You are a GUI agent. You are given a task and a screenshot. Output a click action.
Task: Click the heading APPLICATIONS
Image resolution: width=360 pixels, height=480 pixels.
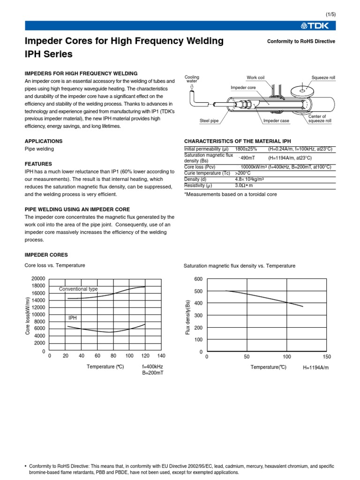[43, 141]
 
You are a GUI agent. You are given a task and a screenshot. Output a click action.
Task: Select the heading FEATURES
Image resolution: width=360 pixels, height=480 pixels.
[38, 164]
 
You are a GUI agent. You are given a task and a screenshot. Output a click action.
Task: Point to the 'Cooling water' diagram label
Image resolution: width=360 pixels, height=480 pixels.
[192, 79]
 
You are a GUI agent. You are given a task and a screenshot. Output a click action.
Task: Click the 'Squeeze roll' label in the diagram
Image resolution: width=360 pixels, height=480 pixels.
[323, 77]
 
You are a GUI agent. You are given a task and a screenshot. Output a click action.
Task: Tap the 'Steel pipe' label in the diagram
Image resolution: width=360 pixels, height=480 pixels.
[209, 121]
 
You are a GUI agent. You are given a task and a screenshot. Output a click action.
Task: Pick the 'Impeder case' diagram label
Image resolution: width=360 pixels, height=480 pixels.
[276, 121]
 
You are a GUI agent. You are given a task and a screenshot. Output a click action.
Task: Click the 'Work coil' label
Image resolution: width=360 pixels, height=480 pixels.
[256, 77]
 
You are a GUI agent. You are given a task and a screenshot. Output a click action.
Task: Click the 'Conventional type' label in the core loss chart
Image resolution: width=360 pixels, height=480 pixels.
[78, 289]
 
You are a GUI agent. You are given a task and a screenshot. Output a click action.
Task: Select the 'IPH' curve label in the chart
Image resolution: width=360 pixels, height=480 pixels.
[72, 318]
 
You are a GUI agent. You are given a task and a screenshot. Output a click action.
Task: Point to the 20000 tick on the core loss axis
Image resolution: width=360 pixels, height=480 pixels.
[38, 278]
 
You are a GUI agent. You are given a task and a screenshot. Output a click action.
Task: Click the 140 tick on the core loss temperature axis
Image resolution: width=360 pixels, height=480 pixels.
[161, 356]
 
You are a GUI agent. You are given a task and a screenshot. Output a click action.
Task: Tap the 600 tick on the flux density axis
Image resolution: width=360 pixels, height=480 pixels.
[198, 279]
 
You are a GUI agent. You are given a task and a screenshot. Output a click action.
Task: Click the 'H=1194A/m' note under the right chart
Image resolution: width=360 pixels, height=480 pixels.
[316, 367]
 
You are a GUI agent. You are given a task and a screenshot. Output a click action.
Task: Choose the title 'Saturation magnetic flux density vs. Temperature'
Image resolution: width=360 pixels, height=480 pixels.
[240, 266]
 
